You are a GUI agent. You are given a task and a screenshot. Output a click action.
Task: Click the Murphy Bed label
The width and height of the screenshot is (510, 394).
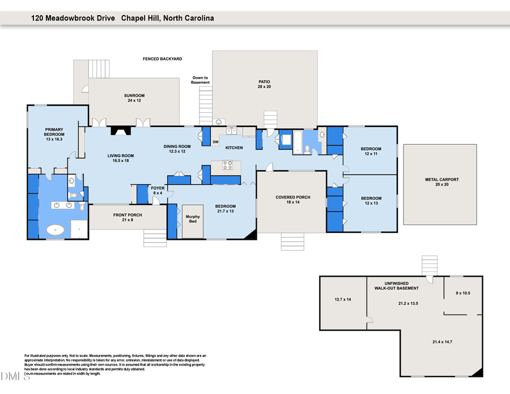[192, 218]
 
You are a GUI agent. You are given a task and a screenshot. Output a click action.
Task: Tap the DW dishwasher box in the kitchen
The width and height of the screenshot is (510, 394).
[215, 142]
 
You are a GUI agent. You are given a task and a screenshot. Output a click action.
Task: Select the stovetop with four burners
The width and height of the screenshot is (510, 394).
[227, 166]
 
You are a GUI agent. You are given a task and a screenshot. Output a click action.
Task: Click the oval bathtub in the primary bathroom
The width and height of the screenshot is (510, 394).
[55, 230]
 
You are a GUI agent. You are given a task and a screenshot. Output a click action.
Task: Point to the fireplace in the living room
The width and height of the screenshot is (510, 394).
[120, 130]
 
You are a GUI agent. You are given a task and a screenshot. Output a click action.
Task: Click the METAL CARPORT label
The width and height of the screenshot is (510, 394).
[442, 182]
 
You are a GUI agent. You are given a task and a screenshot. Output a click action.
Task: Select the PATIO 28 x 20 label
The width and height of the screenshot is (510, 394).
[265, 84]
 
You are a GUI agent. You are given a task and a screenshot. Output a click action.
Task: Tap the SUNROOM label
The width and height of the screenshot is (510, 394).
[134, 98]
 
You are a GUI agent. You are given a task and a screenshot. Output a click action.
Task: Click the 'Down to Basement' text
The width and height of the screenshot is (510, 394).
[201, 80]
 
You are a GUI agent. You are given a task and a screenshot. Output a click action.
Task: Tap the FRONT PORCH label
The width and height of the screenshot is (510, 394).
[127, 217]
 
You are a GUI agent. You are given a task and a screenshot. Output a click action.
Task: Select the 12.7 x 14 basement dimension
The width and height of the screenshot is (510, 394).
[343, 299]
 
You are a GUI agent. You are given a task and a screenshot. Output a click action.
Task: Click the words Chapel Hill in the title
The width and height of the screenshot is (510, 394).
[140, 18]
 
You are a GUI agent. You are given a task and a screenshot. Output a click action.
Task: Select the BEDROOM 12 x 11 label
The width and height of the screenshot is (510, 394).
[371, 151]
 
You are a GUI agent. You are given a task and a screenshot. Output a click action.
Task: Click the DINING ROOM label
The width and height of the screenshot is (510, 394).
[177, 149]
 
